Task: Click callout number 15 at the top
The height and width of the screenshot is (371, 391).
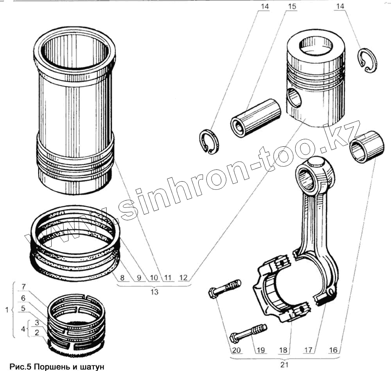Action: [292, 7]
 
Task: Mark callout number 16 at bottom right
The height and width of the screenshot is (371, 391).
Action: [334, 350]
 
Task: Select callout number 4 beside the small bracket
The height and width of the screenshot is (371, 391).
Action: [23, 328]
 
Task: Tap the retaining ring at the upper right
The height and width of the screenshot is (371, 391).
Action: [368, 60]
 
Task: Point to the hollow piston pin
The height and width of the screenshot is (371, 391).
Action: [256, 117]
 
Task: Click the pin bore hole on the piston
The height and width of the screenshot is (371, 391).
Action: [294, 98]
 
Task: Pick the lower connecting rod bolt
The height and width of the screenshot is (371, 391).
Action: [248, 332]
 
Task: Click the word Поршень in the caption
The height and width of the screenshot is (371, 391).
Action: [52, 367]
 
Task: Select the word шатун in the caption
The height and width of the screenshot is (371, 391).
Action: [93, 367]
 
